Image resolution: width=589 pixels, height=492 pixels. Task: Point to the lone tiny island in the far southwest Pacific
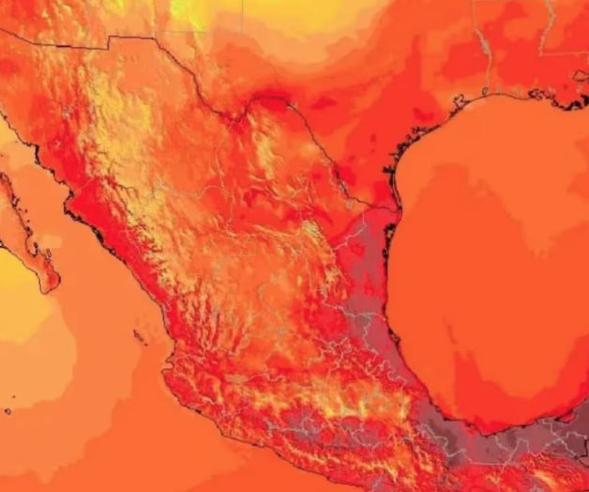pyautogui.click(x=8, y=411)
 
